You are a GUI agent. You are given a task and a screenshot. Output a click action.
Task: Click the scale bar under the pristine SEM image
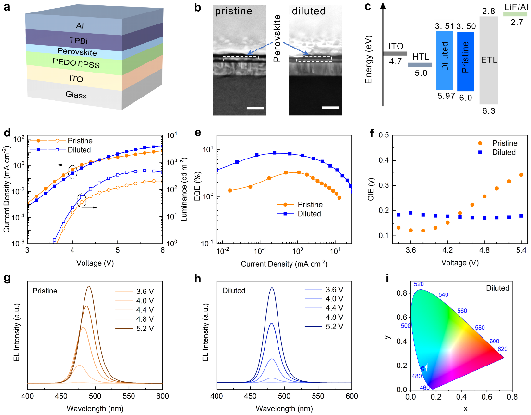coord(255,108)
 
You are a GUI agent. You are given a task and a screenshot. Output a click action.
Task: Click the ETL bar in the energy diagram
coord(488,61)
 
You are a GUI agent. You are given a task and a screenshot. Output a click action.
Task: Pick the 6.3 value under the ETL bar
coord(488,110)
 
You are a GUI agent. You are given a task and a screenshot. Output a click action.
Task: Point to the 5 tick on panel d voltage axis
coord(118,250)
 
